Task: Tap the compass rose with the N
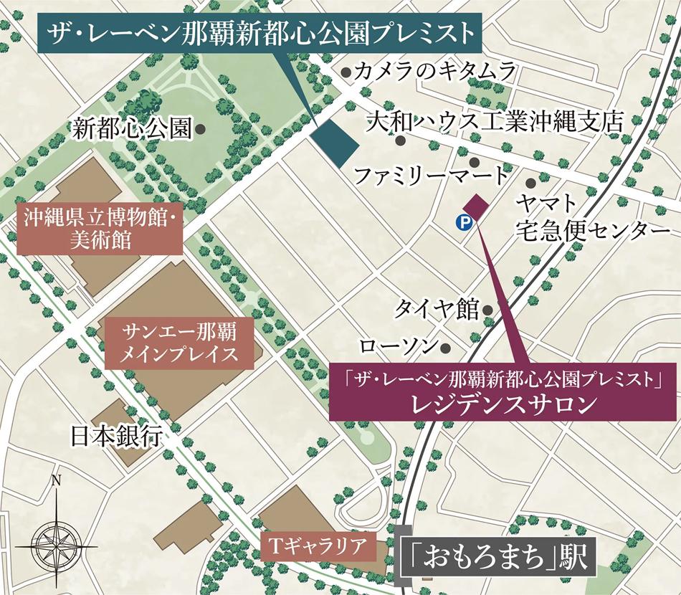(55, 535)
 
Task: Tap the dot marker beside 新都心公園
(201, 129)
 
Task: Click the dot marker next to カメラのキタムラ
(346, 72)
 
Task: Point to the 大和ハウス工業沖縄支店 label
(495, 120)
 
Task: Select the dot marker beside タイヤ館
(488, 310)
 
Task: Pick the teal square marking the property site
(336, 141)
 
